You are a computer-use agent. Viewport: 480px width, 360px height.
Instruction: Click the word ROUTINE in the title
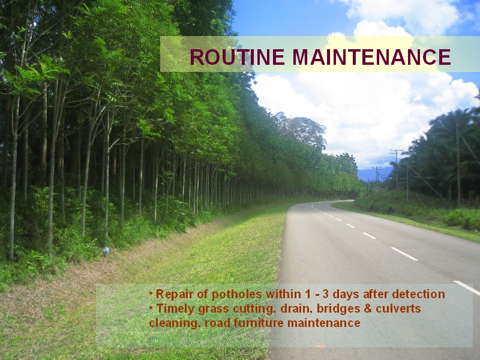click(x=237, y=57)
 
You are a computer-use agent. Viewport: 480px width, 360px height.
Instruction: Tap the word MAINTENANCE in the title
click(x=371, y=57)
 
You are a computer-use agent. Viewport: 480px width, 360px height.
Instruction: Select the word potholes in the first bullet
click(x=236, y=295)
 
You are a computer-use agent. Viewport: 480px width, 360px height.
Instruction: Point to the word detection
click(x=418, y=294)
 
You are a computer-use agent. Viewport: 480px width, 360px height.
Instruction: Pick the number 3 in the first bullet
click(x=325, y=294)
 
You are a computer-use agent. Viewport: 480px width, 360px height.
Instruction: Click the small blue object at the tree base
click(x=106, y=250)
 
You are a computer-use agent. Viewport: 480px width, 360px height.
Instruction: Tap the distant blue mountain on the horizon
click(x=374, y=174)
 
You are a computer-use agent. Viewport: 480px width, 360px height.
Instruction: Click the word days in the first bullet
click(x=346, y=295)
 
